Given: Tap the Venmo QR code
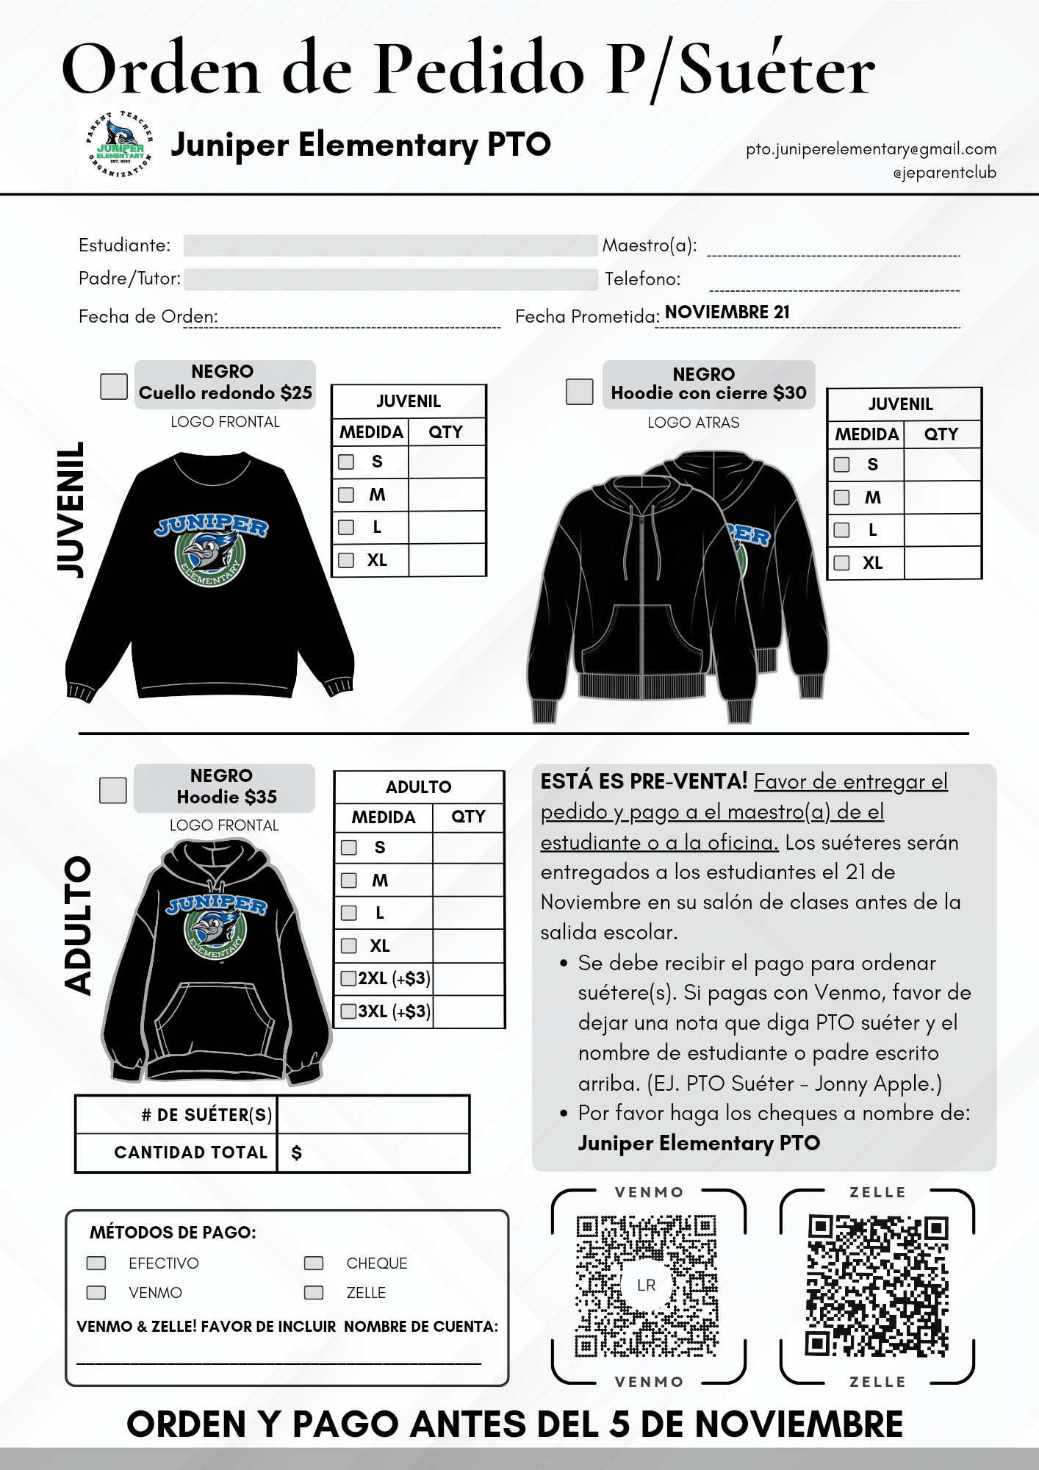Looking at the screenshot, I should point(647,1286).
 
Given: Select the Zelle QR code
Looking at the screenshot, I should point(877,1286).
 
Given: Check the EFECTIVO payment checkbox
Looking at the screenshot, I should point(96,1263).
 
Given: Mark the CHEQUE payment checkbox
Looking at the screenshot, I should point(314,1263).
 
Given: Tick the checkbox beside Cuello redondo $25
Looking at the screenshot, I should point(114,386).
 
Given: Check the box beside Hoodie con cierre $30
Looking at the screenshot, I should point(579,391).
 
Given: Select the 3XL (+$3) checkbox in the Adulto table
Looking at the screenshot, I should point(349,1011).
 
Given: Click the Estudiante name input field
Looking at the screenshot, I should point(389,245).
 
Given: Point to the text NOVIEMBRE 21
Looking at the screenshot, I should point(727,312).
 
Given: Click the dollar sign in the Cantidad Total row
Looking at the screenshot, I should point(297,1152).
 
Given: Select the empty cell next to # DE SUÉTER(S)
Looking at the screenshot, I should point(373,1114).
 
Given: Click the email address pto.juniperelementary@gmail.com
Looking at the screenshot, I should point(871,149).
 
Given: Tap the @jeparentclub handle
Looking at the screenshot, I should point(944,173).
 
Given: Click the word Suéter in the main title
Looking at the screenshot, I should point(777,70).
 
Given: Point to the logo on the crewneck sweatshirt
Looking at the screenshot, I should point(211,550).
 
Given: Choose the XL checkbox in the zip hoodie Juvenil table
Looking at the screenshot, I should point(842,563).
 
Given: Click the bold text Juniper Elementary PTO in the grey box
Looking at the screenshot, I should point(699,1143).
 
